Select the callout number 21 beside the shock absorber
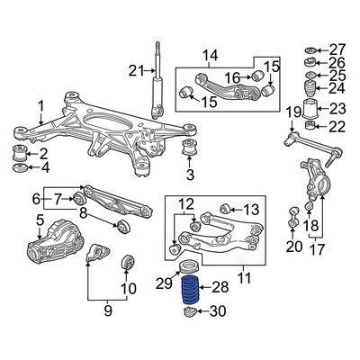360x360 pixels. pos(136,70)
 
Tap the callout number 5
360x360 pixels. pos(14,220)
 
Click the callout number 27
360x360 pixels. pos(337,49)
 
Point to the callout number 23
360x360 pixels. pos(337,109)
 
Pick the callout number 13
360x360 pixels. pos(250,210)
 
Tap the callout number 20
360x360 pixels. pos(291,247)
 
